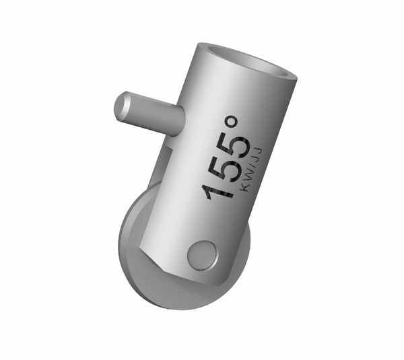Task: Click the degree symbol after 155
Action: click(232, 124)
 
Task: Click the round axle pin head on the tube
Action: click(202, 255)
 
